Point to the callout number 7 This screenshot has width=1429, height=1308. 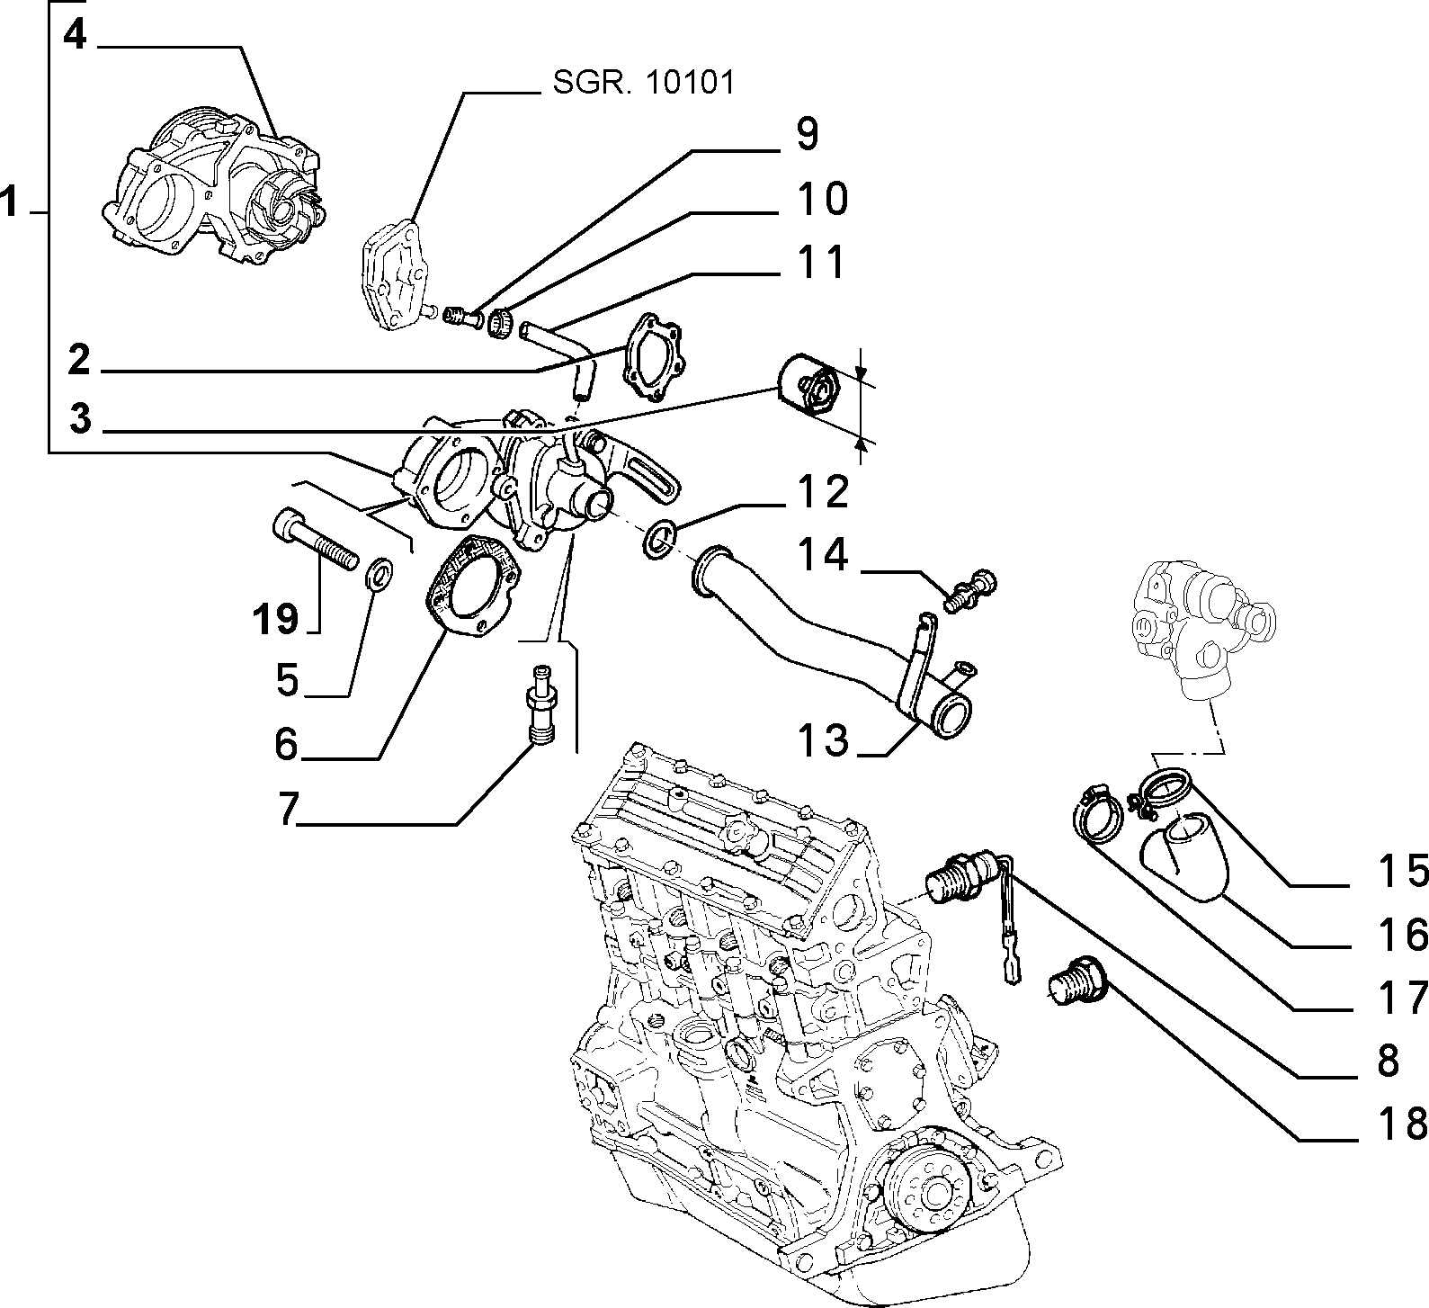287,810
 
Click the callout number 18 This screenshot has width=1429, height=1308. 1401,1124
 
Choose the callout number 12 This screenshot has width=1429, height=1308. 823,492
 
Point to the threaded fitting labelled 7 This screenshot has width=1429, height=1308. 541,704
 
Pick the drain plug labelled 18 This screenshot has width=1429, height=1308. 1075,975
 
